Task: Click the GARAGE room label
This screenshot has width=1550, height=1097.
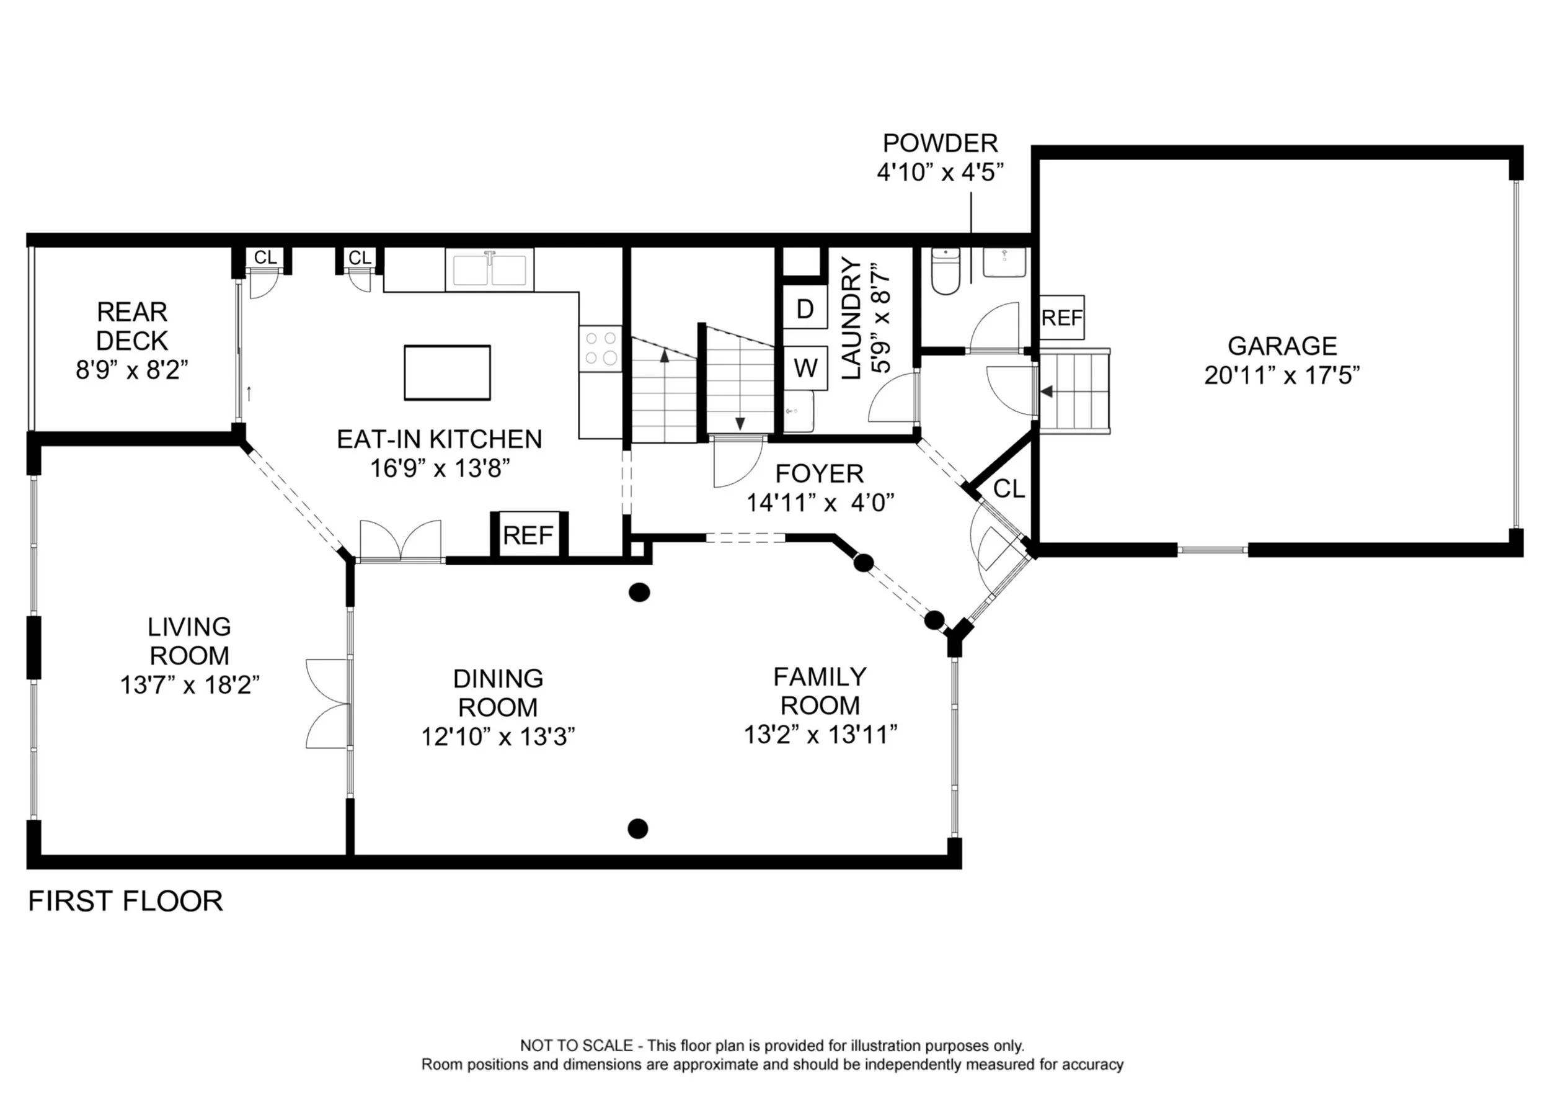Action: click(x=1282, y=346)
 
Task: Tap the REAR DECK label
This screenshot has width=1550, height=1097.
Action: click(x=131, y=326)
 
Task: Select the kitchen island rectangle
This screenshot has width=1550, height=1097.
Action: click(x=447, y=373)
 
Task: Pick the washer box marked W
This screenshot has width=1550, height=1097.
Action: click(x=805, y=368)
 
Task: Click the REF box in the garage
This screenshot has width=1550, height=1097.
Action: click(x=1061, y=318)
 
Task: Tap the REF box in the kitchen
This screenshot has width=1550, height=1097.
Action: click(x=528, y=535)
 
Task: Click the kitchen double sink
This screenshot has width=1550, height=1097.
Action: click(x=489, y=269)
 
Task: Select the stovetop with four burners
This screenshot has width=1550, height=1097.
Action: click(x=600, y=348)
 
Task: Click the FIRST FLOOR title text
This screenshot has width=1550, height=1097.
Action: click(x=126, y=901)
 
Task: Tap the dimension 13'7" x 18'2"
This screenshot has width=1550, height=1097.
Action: click(x=190, y=685)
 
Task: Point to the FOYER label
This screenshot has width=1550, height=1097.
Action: click(x=819, y=473)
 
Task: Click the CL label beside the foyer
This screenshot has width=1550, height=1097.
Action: click(x=1009, y=488)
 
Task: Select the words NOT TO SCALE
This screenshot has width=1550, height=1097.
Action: click(x=576, y=1046)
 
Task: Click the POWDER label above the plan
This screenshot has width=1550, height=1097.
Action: click(x=940, y=143)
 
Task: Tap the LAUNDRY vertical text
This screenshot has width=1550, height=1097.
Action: click(x=851, y=318)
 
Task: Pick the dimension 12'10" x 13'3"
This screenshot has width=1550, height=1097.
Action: click(x=498, y=737)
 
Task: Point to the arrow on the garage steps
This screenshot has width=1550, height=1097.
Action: click(x=1047, y=391)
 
